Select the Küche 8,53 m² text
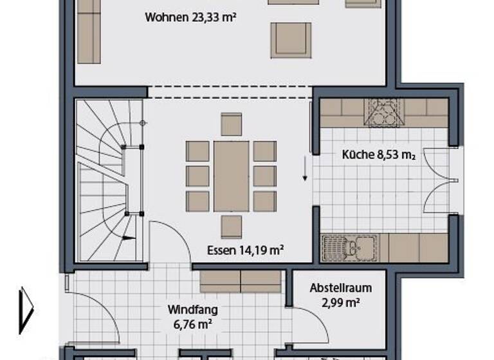tap(377, 154)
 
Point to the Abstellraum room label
tap(340, 289)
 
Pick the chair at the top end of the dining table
tap(231, 124)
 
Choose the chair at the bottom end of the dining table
tap(231, 226)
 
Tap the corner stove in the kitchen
tap(384, 113)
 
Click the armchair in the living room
tap(290, 40)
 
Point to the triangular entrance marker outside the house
tap(25, 310)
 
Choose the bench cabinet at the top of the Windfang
tap(241, 281)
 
